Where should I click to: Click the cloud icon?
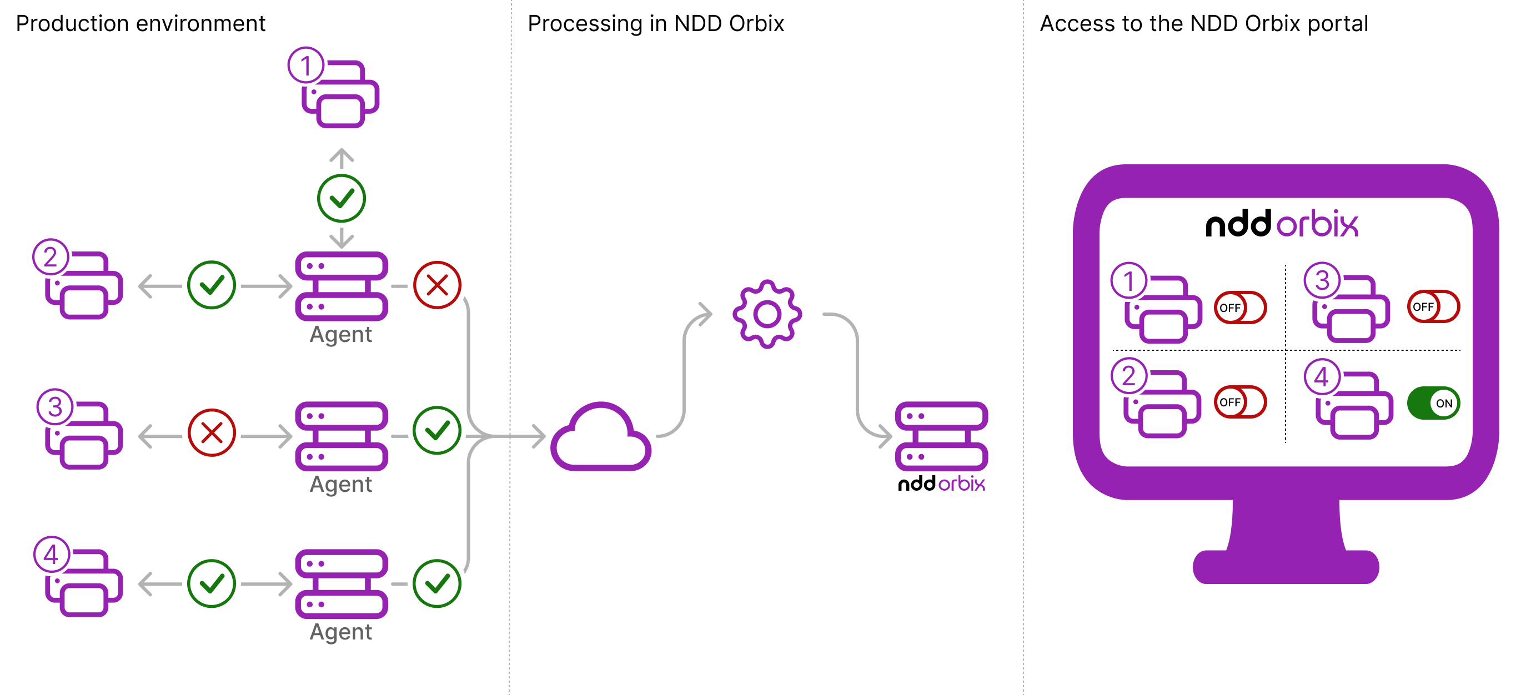click(600, 438)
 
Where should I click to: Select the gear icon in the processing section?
click(767, 314)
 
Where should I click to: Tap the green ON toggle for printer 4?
click(1433, 403)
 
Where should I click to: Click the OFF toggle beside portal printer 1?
click(1240, 308)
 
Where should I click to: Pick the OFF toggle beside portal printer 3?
click(1433, 306)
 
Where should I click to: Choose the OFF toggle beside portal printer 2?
click(1240, 402)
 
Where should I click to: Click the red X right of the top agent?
click(437, 285)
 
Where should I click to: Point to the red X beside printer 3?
click(212, 433)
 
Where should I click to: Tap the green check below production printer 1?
click(341, 199)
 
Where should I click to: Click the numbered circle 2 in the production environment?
click(51, 257)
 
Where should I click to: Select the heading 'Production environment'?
click(140, 24)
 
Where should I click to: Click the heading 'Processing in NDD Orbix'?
click(655, 24)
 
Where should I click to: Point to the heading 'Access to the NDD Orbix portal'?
click(1203, 24)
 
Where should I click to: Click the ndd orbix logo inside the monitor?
click(1282, 224)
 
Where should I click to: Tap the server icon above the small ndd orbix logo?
click(941, 436)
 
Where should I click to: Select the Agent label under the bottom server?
click(340, 632)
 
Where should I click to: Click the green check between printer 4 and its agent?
click(212, 583)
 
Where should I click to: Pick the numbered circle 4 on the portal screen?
click(1322, 377)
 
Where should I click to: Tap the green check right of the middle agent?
click(437, 430)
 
